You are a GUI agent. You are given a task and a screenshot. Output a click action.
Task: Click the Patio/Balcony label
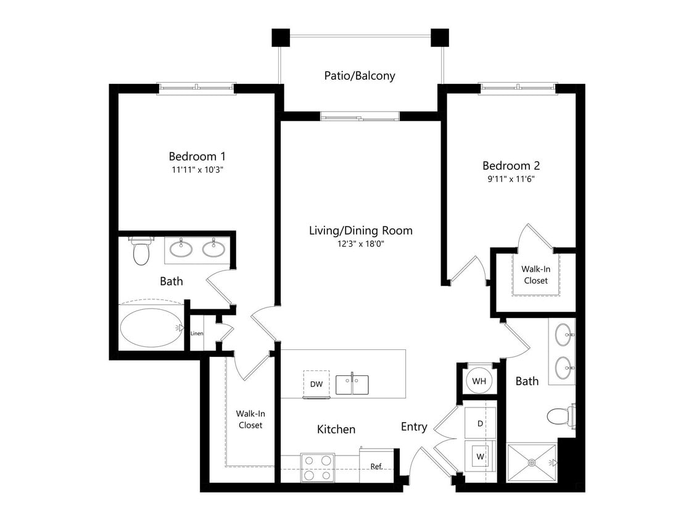tap(360, 76)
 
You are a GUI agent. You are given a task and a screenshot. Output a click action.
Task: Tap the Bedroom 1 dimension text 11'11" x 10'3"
tap(202, 170)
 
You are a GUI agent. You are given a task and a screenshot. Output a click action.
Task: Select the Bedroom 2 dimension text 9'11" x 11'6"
tap(511, 179)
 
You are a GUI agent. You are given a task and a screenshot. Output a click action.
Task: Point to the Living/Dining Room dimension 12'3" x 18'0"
tap(360, 244)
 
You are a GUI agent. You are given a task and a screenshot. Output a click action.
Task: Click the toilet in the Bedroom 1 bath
tap(141, 252)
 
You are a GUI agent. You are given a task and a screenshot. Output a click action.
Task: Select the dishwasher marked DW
tap(316, 384)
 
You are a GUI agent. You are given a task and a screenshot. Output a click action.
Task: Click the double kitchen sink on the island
tap(352, 384)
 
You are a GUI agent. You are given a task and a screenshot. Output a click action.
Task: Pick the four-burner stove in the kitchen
tap(317, 467)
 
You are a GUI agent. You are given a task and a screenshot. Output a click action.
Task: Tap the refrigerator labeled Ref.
tap(376, 466)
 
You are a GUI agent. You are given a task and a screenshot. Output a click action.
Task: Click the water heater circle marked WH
tap(479, 381)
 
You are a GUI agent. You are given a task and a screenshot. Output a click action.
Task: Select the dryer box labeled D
tap(479, 424)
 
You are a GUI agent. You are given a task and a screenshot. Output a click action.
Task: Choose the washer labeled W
tap(479, 457)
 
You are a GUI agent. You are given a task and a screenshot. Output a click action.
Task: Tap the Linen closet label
tap(197, 334)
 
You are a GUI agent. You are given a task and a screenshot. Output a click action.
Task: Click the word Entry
tap(414, 427)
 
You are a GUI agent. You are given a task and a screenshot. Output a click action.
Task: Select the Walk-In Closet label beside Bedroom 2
tap(535, 275)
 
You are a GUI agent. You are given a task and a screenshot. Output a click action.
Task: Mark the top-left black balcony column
tap(281, 38)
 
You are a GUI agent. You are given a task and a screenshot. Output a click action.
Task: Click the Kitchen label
tap(336, 429)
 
